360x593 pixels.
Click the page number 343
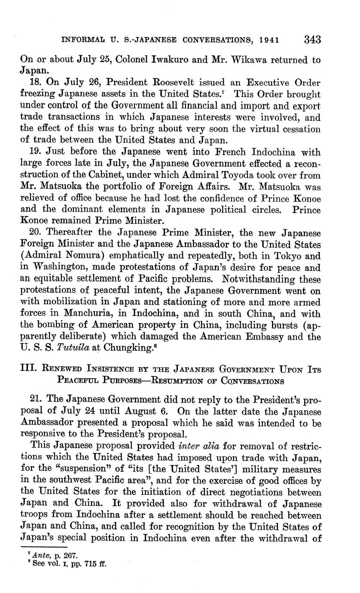[x=313, y=40]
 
